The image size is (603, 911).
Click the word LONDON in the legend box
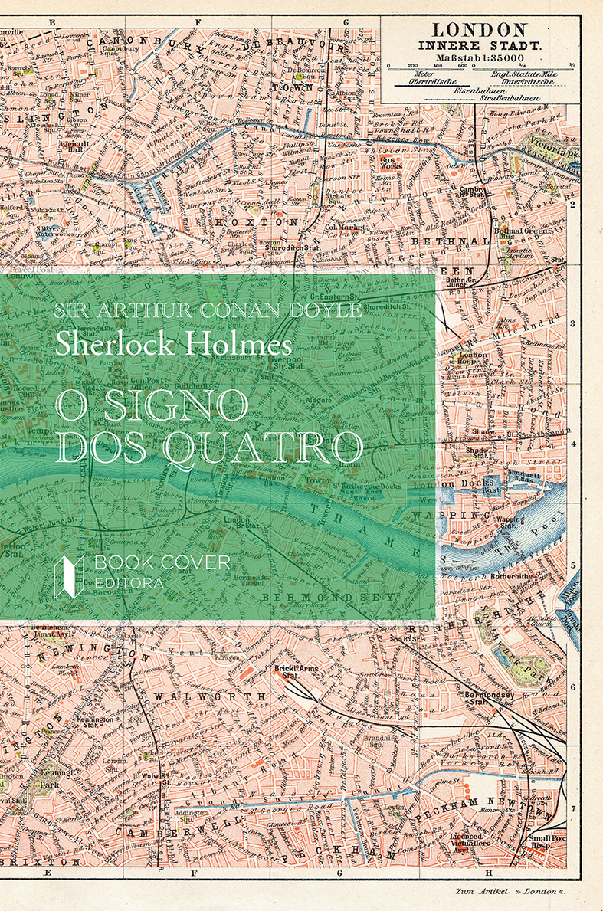[480, 30]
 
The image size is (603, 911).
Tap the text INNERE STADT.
[480, 44]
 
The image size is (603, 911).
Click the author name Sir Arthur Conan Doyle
[208, 310]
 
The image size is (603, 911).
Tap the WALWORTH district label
[209, 695]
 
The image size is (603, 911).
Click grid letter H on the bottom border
[487, 872]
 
